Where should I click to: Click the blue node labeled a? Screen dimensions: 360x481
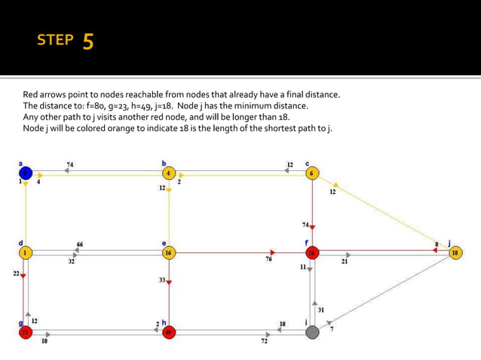pos(26,173)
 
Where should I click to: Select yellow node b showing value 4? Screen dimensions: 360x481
pos(169,173)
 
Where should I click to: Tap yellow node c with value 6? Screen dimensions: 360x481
pos(312,173)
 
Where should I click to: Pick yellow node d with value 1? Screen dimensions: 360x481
pos(26,253)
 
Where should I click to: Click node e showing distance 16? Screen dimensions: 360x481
pos(169,253)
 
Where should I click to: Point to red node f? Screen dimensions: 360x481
pos(312,253)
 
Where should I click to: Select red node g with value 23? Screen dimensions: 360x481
pos(26,332)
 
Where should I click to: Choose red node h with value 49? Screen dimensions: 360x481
pos(169,332)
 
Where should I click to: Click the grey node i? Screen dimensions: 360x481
pos(312,332)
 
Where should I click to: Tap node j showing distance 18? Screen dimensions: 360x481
pos(454,253)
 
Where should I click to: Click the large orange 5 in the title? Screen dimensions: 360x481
pos(87,41)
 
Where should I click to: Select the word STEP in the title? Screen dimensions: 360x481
pos(55,41)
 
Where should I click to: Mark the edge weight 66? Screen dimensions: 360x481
pos(79,244)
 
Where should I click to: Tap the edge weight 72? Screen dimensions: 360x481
pos(264,341)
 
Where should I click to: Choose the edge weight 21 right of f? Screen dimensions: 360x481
pos(345,261)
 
